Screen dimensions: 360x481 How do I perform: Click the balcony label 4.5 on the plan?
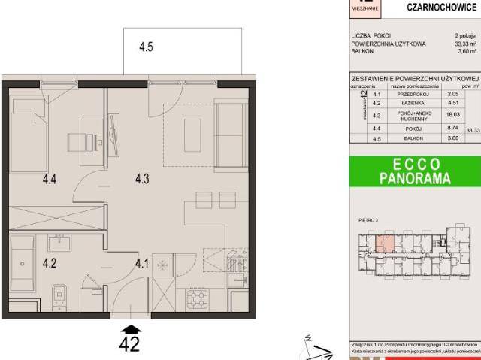(x=146, y=47)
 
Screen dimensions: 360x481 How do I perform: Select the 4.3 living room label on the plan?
(x=143, y=179)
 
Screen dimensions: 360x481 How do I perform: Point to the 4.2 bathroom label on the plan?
(x=50, y=263)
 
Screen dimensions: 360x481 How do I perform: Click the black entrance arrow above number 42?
(x=132, y=328)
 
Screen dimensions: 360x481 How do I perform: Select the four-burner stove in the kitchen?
(x=197, y=298)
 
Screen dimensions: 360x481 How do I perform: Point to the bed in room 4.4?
(x=29, y=139)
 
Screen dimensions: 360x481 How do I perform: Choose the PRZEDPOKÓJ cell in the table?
(x=411, y=94)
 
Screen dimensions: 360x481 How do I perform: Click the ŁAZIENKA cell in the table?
(x=411, y=104)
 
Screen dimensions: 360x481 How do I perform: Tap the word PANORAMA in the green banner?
(x=414, y=179)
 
